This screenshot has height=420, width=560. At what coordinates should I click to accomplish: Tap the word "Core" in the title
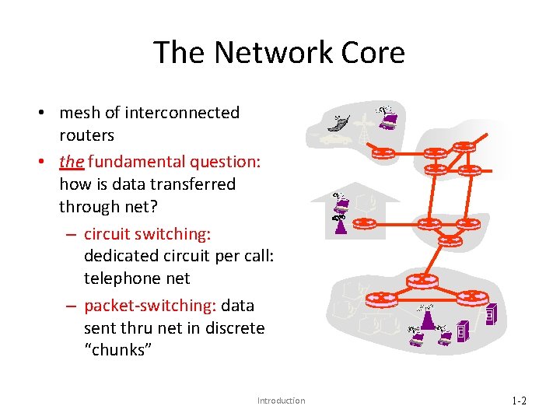coord(373,52)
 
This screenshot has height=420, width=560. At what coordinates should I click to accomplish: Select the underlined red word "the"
coord(72,162)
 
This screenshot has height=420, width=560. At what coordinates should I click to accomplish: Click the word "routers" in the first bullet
coord(86,135)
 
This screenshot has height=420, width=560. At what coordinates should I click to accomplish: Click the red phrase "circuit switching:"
coord(147,234)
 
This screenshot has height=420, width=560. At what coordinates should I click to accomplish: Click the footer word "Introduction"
coord(281,401)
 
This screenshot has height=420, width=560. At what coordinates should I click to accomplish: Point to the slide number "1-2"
coord(519,401)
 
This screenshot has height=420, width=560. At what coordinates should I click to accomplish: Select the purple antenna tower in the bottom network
coord(426,319)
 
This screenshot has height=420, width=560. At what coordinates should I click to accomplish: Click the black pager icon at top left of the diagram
coord(336,124)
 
